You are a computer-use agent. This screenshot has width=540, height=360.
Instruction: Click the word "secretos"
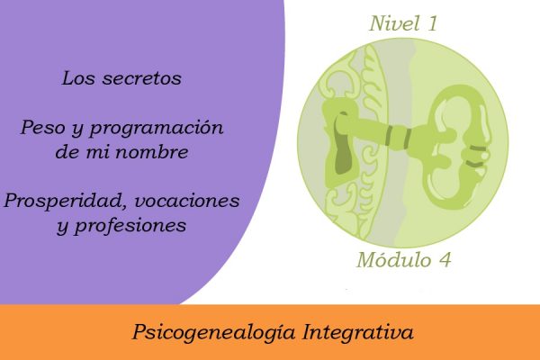point(142,78)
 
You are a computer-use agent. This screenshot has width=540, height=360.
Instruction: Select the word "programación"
point(157,129)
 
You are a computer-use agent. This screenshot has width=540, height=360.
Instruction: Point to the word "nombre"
point(152,151)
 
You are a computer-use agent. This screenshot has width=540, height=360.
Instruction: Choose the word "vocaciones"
point(187,201)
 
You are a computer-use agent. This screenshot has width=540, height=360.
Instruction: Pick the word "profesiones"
point(130,227)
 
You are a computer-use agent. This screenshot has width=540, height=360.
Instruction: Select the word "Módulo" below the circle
point(393,260)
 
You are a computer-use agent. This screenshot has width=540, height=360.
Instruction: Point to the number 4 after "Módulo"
point(445,260)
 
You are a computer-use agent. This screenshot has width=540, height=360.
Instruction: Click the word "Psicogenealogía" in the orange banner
point(213,332)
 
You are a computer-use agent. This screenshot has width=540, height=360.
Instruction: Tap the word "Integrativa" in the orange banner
point(358,332)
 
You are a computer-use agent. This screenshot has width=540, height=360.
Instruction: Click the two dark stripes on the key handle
point(477,156)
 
